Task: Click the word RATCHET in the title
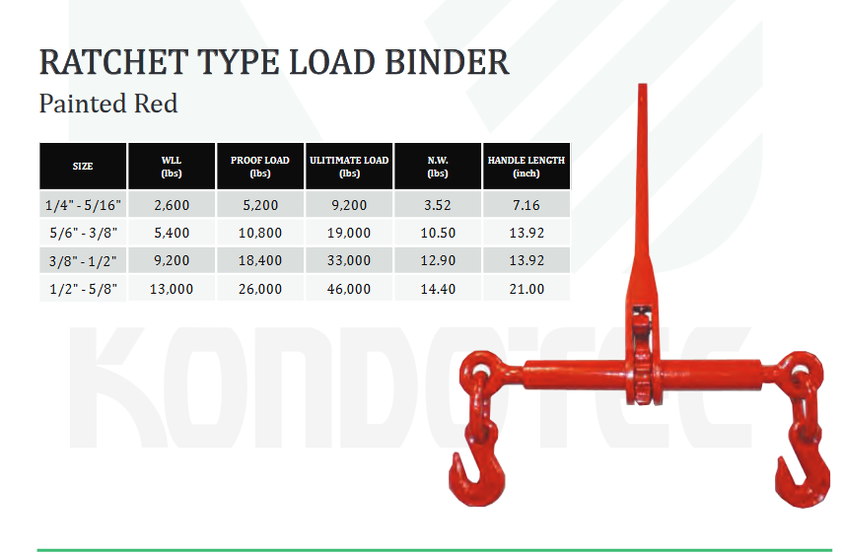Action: tap(113, 62)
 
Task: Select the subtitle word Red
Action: tap(156, 104)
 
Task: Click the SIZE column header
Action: tap(83, 167)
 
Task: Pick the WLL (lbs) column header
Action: tap(172, 167)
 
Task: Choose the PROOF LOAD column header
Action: tap(260, 167)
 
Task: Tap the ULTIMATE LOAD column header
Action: tap(349, 167)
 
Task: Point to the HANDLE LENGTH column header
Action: tap(526, 167)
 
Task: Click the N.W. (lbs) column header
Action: tap(438, 167)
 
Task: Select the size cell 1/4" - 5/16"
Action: tap(83, 205)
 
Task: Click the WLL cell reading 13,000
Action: tap(172, 289)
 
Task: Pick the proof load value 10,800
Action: tap(260, 233)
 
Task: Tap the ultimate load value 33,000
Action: tap(349, 261)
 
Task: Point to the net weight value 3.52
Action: tap(438, 205)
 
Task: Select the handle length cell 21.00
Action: tap(526, 289)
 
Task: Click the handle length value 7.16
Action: tap(526, 205)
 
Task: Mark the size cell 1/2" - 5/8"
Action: tap(83, 289)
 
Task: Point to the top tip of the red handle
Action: tap(642, 84)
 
